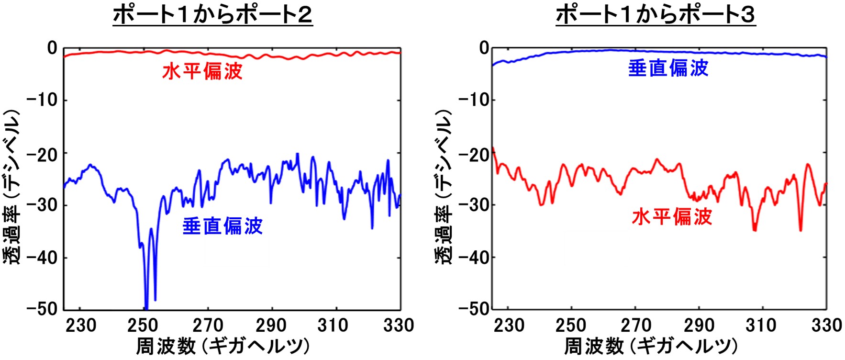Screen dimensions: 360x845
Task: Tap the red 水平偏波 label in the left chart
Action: coord(202,72)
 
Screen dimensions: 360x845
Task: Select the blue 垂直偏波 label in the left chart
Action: coord(222,226)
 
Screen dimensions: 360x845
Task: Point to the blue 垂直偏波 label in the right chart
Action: coord(668,68)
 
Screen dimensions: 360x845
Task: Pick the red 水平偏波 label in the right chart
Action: coord(672,217)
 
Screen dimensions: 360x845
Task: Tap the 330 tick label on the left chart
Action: coord(399,326)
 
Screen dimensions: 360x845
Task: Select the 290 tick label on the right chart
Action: coord(699,326)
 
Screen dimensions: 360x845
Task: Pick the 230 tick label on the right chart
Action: coord(509,326)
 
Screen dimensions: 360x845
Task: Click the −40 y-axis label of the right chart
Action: coord(473,258)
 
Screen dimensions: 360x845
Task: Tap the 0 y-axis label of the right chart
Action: coord(484,48)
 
